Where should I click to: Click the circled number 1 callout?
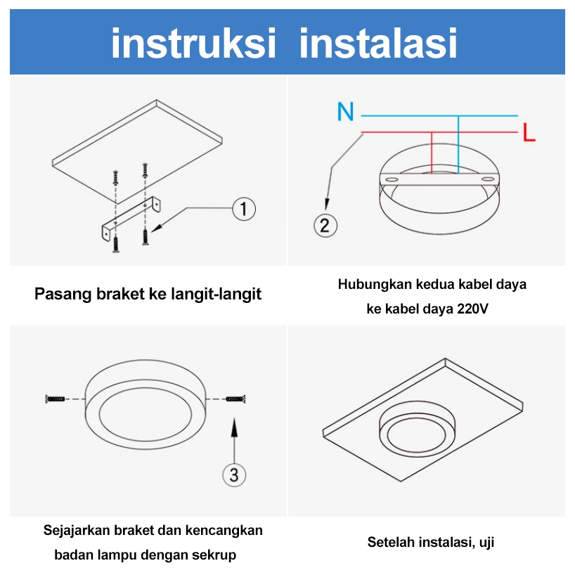[244, 209]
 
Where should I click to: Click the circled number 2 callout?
[325, 225]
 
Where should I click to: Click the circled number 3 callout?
[234, 475]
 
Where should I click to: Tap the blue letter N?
[345, 112]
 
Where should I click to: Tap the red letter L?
[529, 132]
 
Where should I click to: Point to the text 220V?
[472, 309]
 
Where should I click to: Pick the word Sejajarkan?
[77, 531]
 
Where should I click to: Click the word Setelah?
[391, 542]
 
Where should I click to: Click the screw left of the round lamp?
[55, 399]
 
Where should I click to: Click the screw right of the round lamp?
[235, 399]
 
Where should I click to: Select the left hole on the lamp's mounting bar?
[392, 180]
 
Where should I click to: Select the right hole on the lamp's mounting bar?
[488, 179]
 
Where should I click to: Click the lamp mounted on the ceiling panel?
[417, 429]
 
